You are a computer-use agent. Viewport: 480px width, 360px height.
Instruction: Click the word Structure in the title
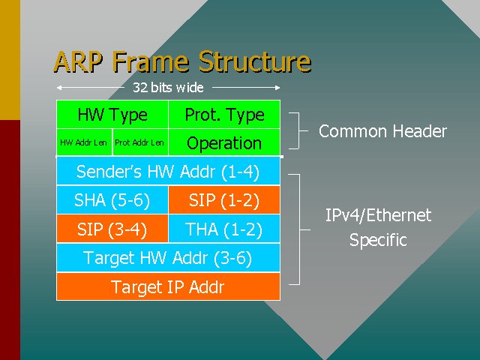tap(253, 61)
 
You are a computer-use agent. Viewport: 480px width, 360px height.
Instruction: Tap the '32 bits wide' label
tap(168, 88)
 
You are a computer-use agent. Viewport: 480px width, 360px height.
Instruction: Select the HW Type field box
tap(112, 115)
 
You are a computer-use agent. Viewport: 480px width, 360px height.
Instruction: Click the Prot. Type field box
tap(224, 115)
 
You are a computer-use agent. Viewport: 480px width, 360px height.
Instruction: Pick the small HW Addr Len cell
tap(84, 142)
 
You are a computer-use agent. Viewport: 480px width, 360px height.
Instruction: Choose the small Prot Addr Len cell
tap(140, 142)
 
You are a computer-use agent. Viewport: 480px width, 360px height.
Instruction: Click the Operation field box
tap(224, 142)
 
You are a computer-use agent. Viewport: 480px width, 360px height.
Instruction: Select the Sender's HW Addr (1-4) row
tap(168, 172)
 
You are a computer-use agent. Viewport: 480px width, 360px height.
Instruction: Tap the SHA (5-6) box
tap(112, 200)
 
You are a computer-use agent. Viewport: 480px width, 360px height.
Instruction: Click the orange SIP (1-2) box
tap(224, 200)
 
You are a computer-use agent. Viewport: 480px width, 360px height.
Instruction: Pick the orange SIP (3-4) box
tap(112, 229)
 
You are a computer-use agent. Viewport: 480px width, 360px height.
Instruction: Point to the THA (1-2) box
tap(224, 229)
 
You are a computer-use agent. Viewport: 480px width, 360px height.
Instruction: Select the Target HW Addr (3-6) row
tap(168, 258)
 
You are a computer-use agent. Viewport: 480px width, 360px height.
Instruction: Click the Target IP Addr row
tap(168, 286)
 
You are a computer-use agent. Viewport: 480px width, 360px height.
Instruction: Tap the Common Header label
tap(382, 132)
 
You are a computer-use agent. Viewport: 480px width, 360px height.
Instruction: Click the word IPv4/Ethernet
tap(378, 216)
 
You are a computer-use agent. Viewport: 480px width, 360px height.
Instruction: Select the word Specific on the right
tap(378, 241)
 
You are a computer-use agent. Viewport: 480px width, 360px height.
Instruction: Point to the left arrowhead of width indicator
tap(58, 88)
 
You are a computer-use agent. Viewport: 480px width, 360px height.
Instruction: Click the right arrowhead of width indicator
tap(277, 88)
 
